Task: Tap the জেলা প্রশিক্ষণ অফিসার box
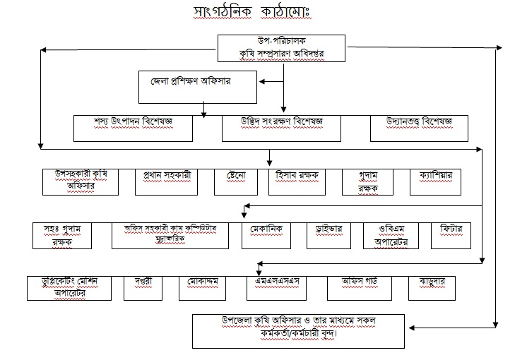[197, 85]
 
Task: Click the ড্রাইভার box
[329, 236]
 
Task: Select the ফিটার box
[450, 236]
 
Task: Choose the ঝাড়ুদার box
[431, 287]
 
